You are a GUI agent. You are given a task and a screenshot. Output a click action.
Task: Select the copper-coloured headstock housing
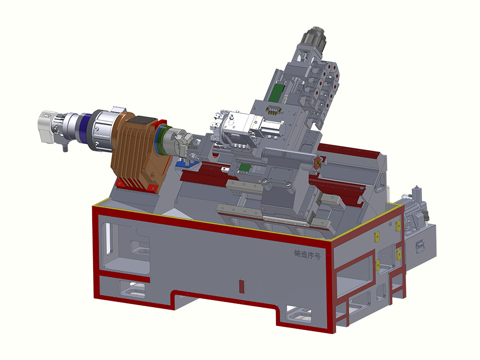pos(138,153)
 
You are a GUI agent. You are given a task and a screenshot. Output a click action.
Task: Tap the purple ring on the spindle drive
pos(85,127)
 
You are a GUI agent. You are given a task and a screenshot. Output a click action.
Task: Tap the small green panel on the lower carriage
pos(245,168)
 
